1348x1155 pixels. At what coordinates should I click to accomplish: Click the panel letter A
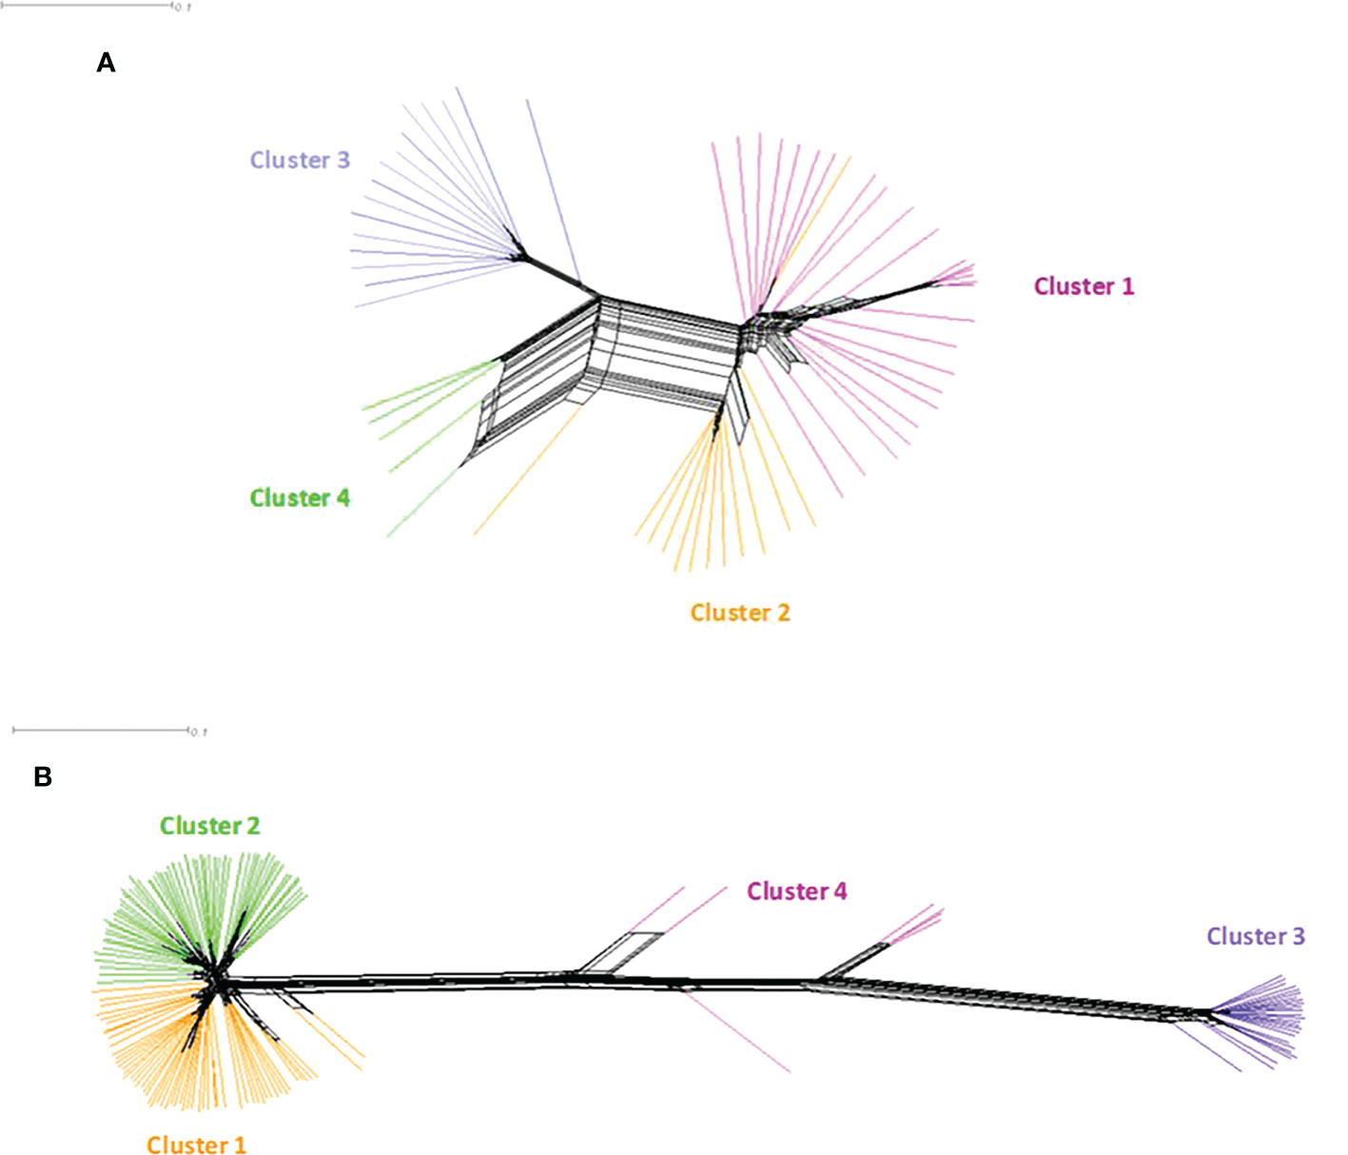[x=106, y=63]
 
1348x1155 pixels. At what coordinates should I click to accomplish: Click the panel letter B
[x=43, y=777]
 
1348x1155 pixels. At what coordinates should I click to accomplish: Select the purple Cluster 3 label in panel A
[x=300, y=160]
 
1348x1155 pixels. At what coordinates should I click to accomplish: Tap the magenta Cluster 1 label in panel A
[x=1084, y=286]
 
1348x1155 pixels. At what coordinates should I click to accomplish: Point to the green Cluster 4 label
[x=300, y=498]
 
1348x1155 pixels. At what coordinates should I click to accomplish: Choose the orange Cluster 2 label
[x=740, y=613]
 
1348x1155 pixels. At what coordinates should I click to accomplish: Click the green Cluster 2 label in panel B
[x=209, y=826]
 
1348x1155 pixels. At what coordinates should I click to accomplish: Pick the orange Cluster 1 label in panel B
[x=196, y=1145]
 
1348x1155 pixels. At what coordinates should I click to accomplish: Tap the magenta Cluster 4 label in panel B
[x=796, y=891]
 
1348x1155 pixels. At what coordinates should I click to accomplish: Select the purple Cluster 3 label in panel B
[x=1256, y=936]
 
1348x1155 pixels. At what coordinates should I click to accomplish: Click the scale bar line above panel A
[x=86, y=5]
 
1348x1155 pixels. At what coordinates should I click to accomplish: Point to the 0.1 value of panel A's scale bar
[x=184, y=8]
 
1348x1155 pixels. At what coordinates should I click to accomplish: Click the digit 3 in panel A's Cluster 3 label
[x=343, y=160]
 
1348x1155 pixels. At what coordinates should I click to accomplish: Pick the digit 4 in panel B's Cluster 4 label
[x=840, y=891]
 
